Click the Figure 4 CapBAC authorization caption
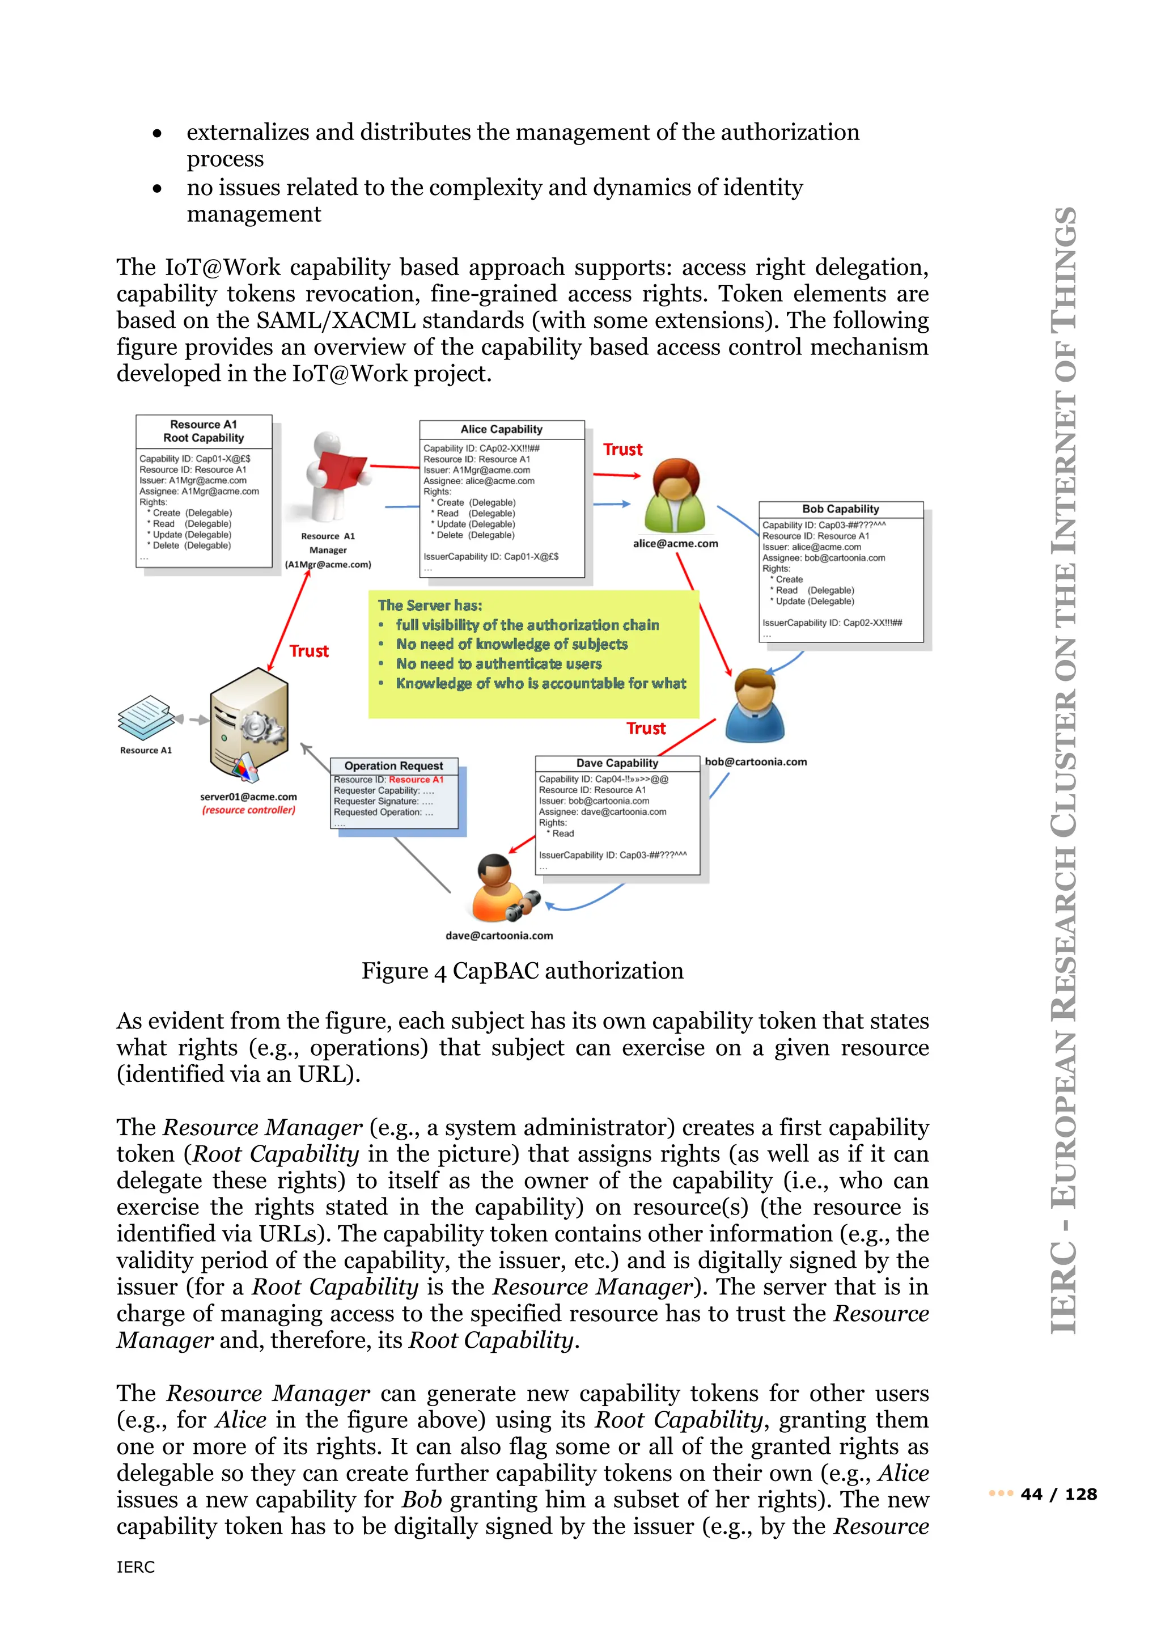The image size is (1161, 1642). click(x=522, y=971)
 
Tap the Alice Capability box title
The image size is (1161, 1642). click(x=501, y=429)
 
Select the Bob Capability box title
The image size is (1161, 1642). click(x=840, y=509)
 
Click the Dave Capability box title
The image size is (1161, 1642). click(x=617, y=763)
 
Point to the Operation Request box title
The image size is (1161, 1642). click(x=393, y=765)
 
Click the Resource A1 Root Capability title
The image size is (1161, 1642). click(x=203, y=431)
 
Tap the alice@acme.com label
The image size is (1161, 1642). click(x=675, y=544)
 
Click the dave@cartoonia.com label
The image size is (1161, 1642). click(x=499, y=936)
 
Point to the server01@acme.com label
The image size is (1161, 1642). click(x=248, y=797)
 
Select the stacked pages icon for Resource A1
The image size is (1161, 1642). click(x=145, y=717)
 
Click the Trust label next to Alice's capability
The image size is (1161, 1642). click(x=622, y=450)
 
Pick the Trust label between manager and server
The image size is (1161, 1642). click(x=309, y=651)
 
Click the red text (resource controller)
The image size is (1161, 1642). click(x=248, y=810)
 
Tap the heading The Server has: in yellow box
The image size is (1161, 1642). click(x=430, y=605)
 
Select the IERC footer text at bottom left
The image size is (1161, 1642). click(x=136, y=1567)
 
